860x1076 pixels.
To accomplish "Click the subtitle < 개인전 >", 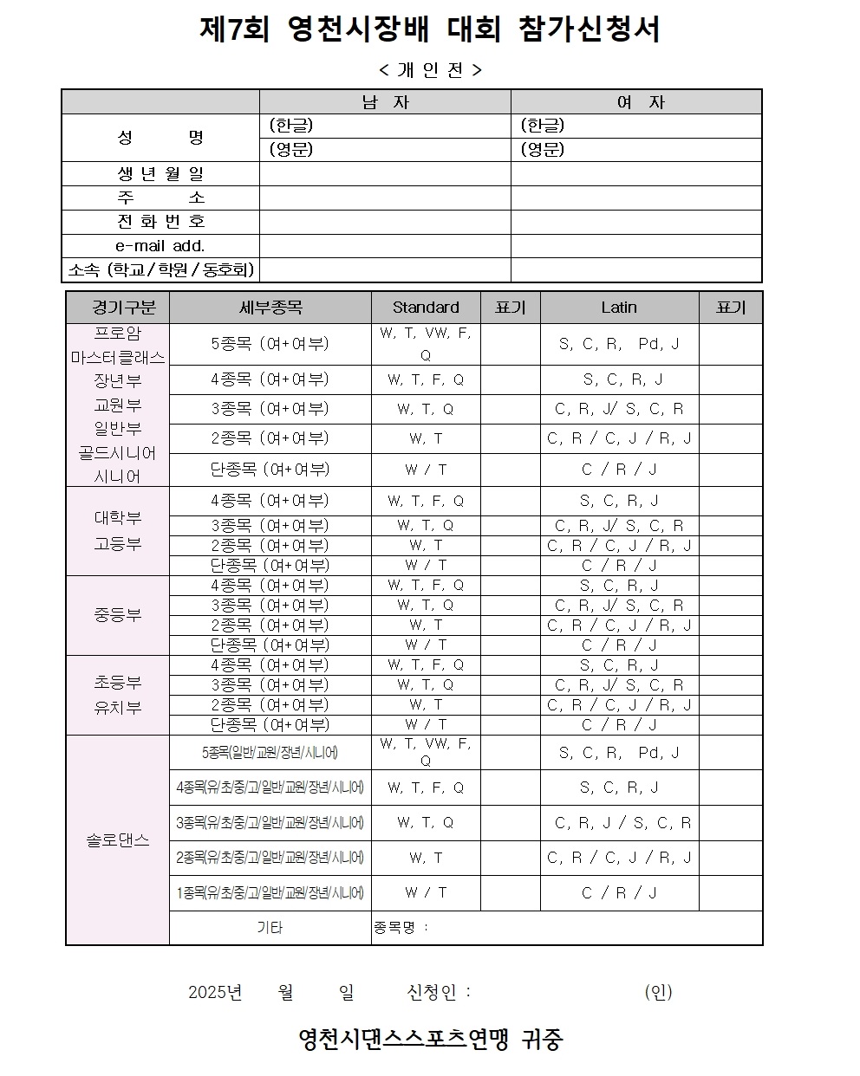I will point(430,70).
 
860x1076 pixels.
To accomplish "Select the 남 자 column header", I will point(385,102).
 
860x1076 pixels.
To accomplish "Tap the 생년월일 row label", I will point(160,174).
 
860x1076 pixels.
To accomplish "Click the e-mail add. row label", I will point(160,246).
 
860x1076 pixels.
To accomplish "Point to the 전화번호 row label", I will point(160,222).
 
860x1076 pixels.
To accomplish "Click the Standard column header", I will point(426,308).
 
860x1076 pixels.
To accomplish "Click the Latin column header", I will point(619,308).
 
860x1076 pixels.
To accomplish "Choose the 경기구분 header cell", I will point(118,308).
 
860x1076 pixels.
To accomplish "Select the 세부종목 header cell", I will point(270,308).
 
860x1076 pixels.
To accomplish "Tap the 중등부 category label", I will point(118,616).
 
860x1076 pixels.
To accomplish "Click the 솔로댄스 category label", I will point(118,840).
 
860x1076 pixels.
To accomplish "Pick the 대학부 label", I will point(118,518).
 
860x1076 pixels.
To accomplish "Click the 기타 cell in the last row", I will point(270,928).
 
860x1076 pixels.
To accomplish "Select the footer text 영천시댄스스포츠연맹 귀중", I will point(430,1039).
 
